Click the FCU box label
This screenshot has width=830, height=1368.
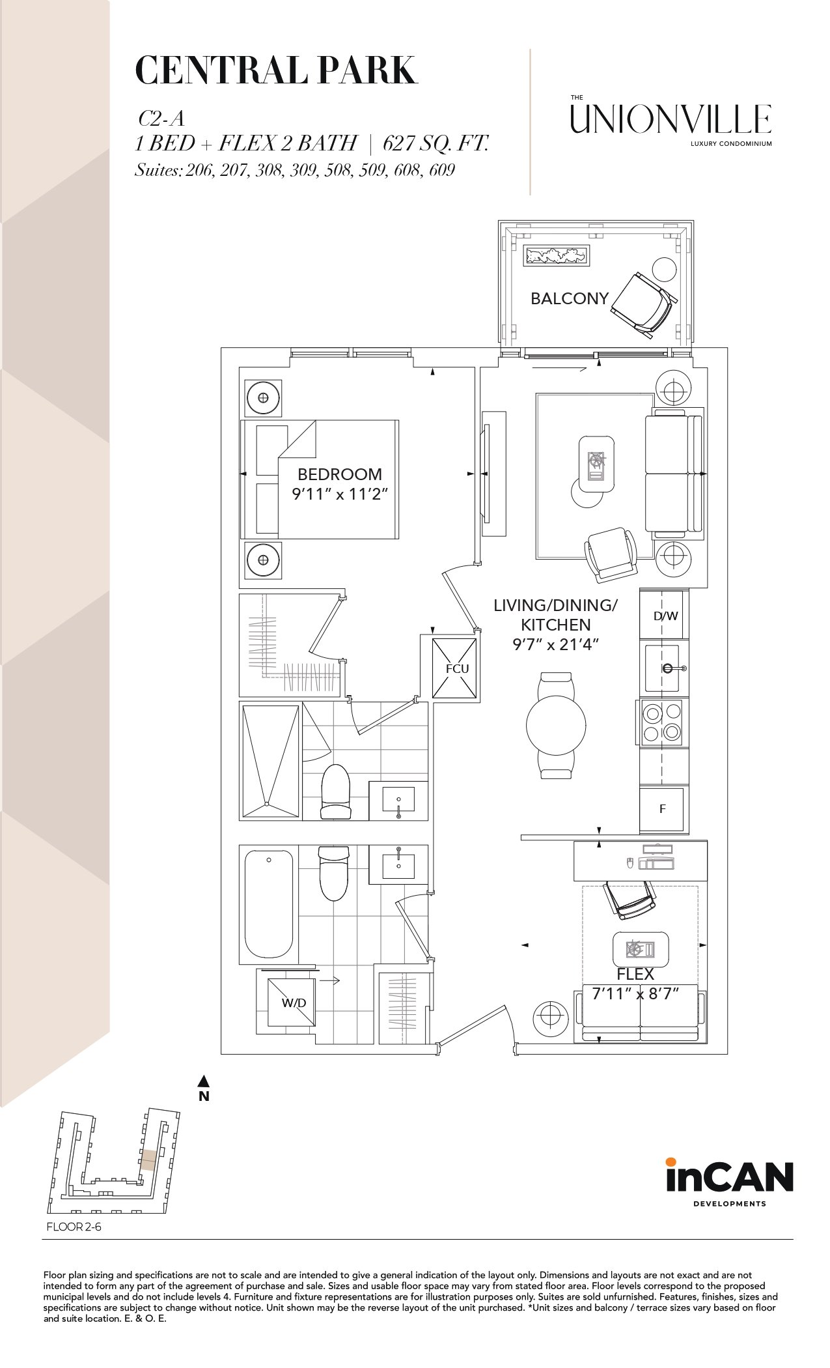(457, 668)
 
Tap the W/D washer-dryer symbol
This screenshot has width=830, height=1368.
(294, 1003)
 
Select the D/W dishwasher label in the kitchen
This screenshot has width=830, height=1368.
(666, 615)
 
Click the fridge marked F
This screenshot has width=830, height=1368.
(662, 809)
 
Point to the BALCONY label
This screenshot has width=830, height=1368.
(570, 298)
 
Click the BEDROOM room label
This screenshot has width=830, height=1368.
(340, 474)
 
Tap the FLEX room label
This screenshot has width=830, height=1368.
(635, 975)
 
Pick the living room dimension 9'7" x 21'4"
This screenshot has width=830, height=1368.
(555, 644)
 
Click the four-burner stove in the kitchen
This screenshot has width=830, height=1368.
(662, 722)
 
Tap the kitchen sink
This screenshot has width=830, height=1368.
(663, 668)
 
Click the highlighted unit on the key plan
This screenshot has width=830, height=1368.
(148, 1160)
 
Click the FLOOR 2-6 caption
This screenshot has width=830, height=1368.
(74, 1227)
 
